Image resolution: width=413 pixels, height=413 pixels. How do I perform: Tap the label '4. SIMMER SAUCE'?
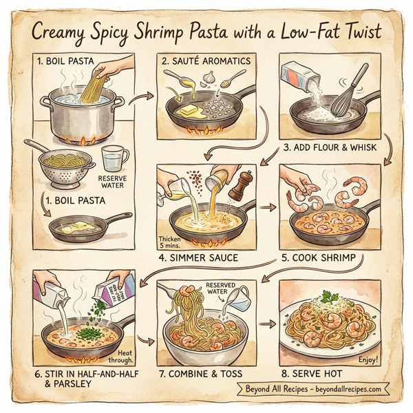[x=200, y=258]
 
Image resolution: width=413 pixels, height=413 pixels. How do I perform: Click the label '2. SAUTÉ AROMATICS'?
[x=206, y=61]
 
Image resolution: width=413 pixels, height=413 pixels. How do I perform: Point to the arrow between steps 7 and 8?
[x=264, y=323]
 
